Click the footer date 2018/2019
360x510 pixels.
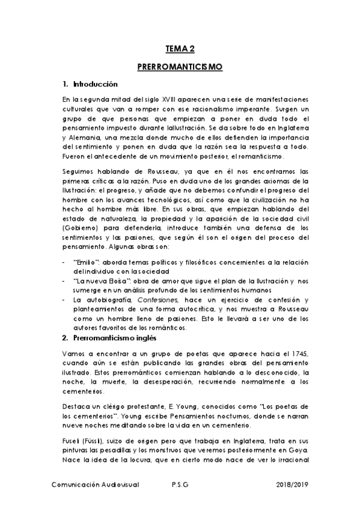[292, 484]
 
